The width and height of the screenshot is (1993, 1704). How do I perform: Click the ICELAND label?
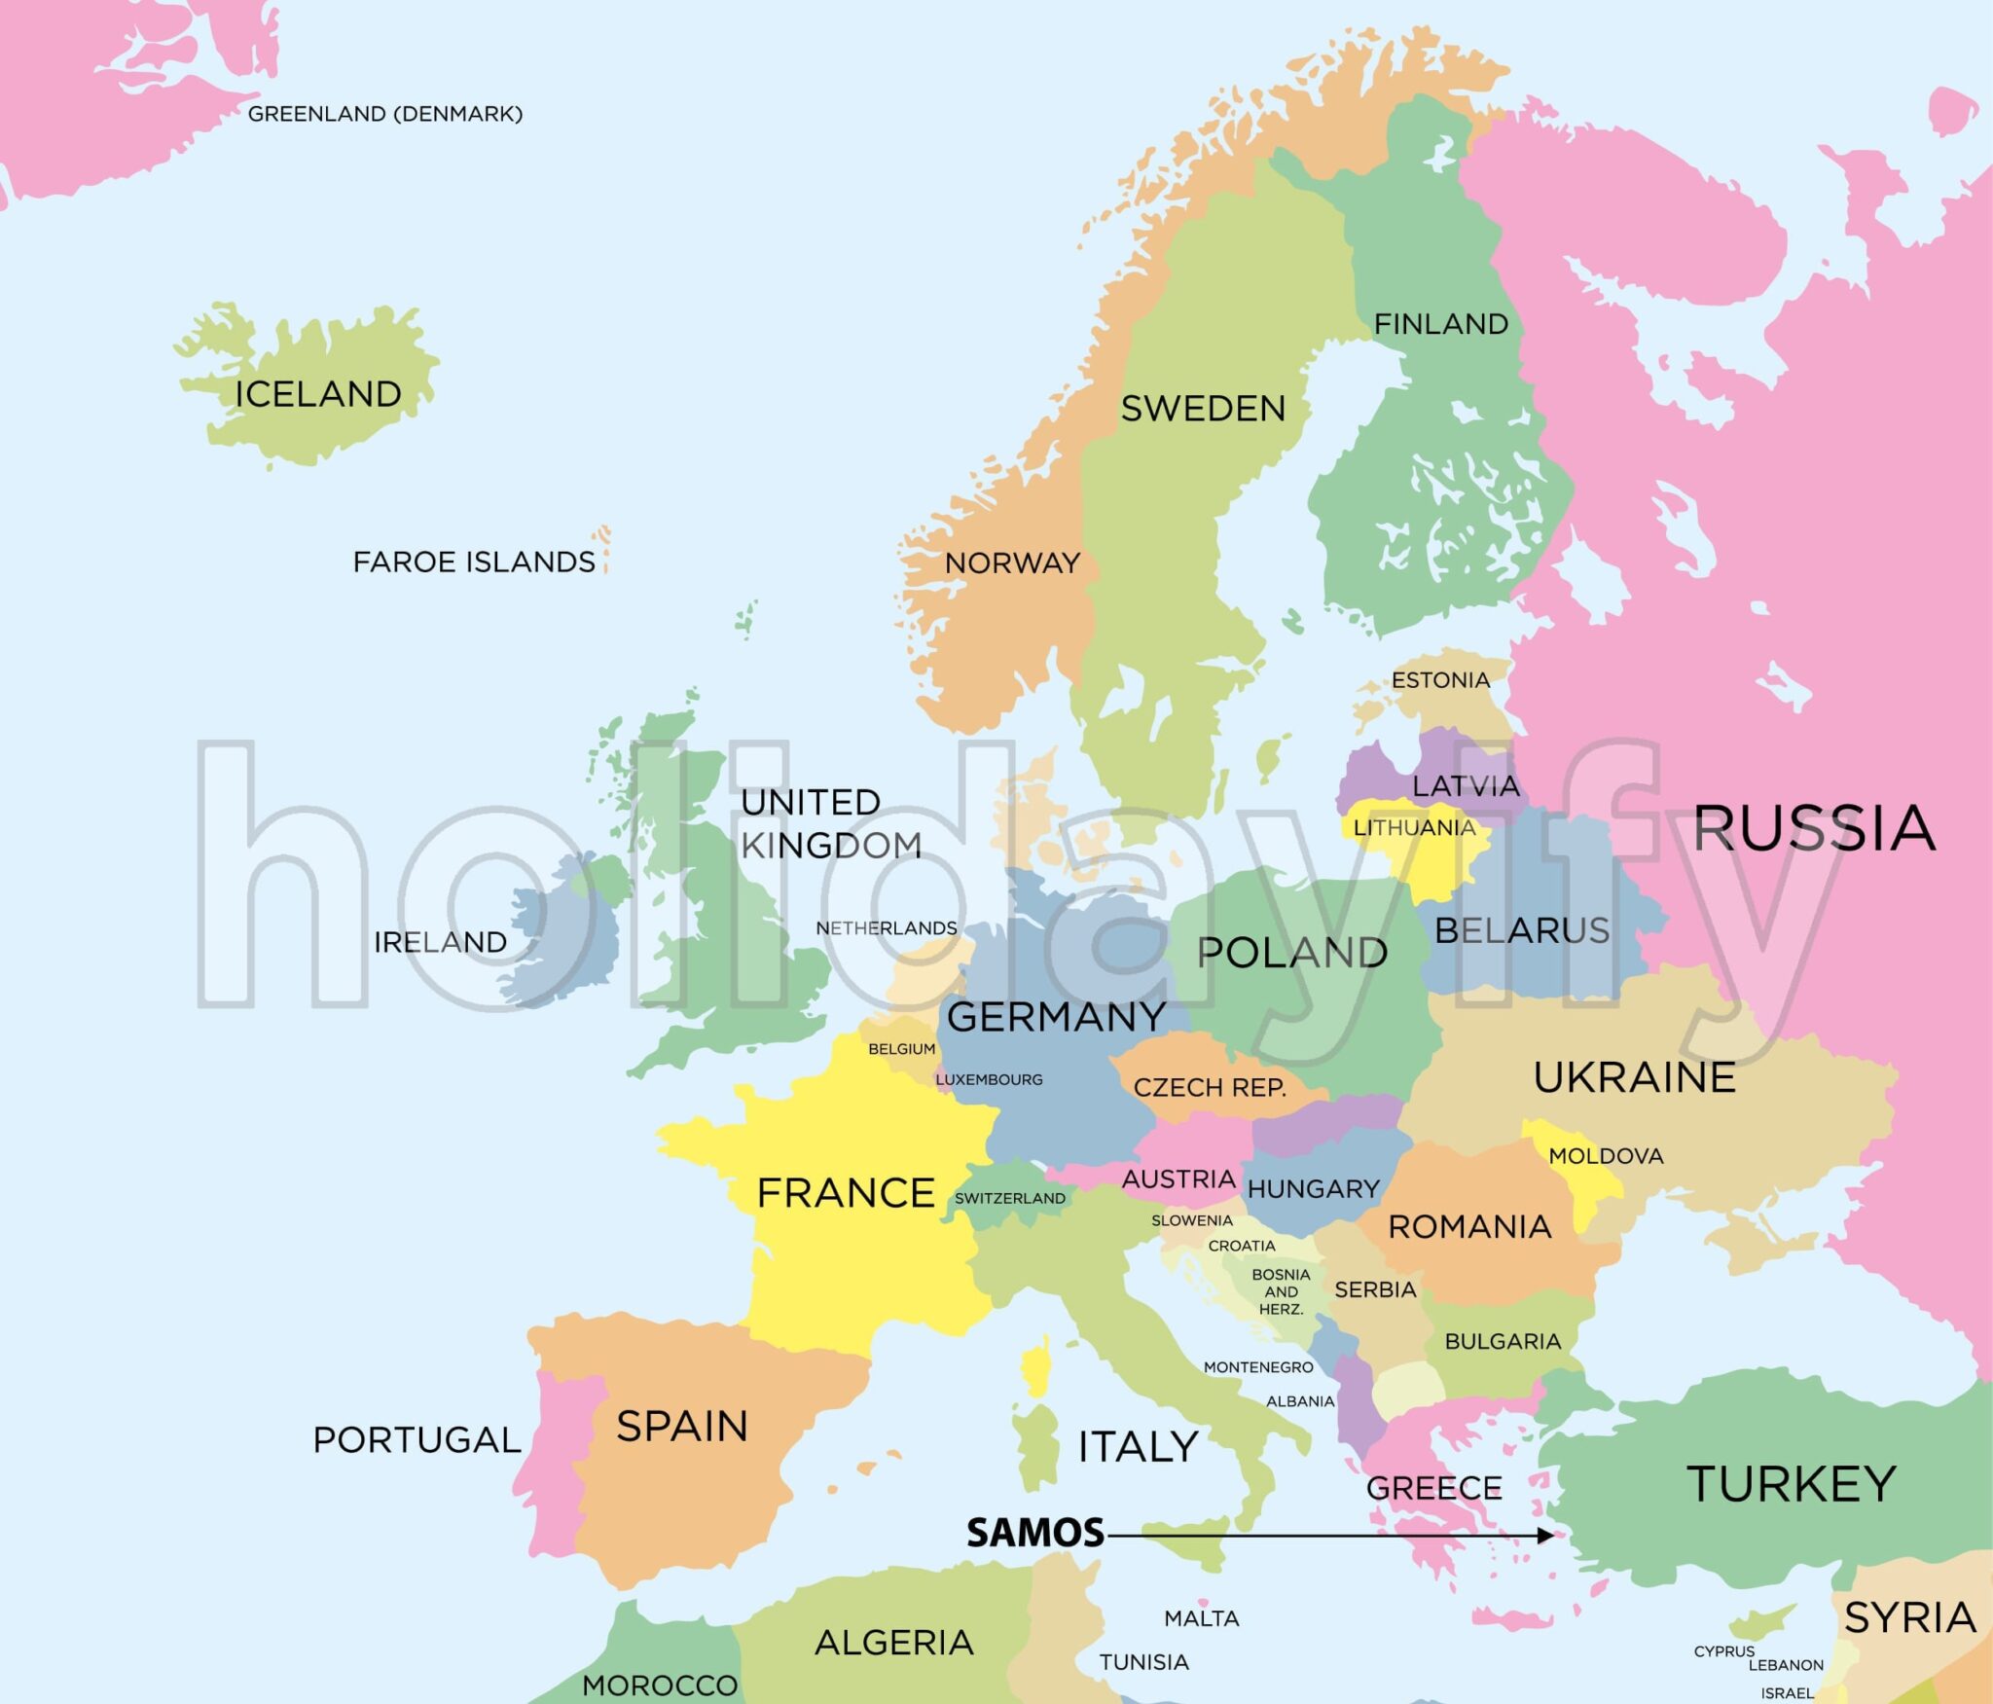(x=318, y=394)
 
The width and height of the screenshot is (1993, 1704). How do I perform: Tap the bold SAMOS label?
(x=1034, y=1534)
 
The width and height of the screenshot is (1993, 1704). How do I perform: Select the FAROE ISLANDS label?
(x=474, y=562)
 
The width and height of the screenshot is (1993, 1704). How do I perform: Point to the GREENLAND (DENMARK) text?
(x=385, y=114)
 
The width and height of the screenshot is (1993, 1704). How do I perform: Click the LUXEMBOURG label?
(x=989, y=1079)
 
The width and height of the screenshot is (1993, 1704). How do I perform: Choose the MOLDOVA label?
(x=1606, y=1156)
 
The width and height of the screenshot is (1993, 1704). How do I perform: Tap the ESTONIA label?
(x=1440, y=680)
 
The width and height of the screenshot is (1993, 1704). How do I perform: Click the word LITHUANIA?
(x=1414, y=828)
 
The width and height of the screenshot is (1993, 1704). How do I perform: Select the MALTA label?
(x=1202, y=1618)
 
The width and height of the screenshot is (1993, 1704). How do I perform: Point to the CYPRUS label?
(x=1723, y=1651)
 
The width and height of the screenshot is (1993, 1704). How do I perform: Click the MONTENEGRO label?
(x=1258, y=1367)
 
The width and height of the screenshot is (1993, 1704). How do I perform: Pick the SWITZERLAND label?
(x=1009, y=1198)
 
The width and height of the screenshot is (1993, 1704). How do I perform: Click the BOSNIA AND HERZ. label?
(x=1281, y=1291)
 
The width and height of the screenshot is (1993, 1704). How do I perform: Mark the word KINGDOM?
(x=831, y=846)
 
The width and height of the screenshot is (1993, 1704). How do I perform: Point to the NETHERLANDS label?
(x=886, y=928)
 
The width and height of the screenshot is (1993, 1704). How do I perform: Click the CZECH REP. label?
(x=1210, y=1087)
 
